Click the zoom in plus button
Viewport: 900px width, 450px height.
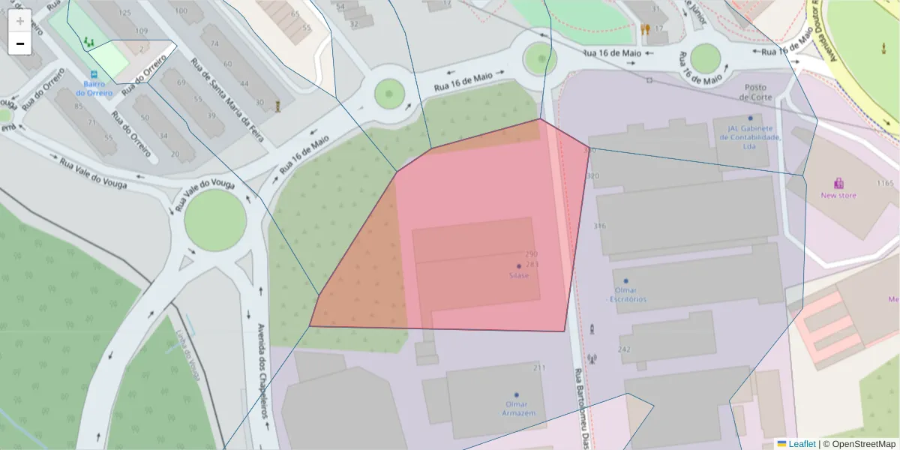click(x=19, y=21)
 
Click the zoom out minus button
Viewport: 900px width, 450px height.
click(x=19, y=43)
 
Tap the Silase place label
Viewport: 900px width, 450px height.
click(x=518, y=275)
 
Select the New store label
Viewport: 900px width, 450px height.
click(x=838, y=196)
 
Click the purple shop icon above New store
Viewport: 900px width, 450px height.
click(x=838, y=183)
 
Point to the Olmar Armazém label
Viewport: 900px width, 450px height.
click(x=516, y=408)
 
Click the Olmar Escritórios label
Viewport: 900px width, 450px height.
click(x=626, y=295)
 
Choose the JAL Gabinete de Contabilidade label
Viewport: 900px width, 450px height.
click(x=749, y=136)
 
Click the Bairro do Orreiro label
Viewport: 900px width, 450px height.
click(x=94, y=88)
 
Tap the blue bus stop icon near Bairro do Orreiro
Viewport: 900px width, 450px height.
click(x=94, y=75)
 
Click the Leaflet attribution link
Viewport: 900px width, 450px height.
click(x=802, y=444)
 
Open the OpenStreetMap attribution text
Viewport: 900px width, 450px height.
click(x=859, y=444)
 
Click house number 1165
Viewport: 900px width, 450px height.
click(x=885, y=184)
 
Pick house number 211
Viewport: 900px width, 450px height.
click(x=538, y=367)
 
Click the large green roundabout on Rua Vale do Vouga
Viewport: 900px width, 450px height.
click(x=215, y=220)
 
